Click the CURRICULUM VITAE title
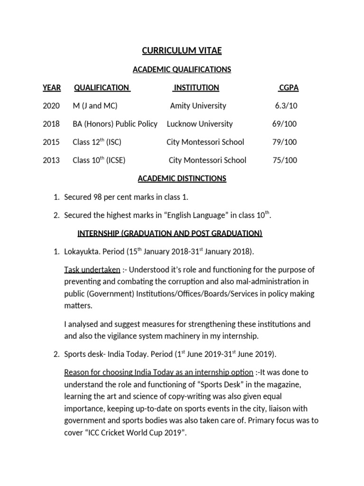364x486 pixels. (x=182, y=51)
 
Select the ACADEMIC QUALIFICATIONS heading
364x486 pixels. (x=182, y=70)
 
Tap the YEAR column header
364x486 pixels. (x=52, y=88)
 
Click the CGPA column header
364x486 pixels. (x=288, y=88)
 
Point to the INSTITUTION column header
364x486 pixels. (x=196, y=88)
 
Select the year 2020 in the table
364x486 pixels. (x=51, y=106)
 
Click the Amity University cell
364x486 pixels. (x=198, y=106)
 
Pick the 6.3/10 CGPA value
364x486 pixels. (x=286, y=106)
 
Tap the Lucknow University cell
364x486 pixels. (x=200, y=124)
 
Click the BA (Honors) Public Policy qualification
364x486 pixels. (x=115, y=124)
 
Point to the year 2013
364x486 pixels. (x=51, y=160)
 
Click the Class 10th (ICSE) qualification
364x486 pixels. (x=99, y=160)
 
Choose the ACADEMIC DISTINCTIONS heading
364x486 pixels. (x=182, y=178)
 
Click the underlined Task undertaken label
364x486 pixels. (x=92, y=270)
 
